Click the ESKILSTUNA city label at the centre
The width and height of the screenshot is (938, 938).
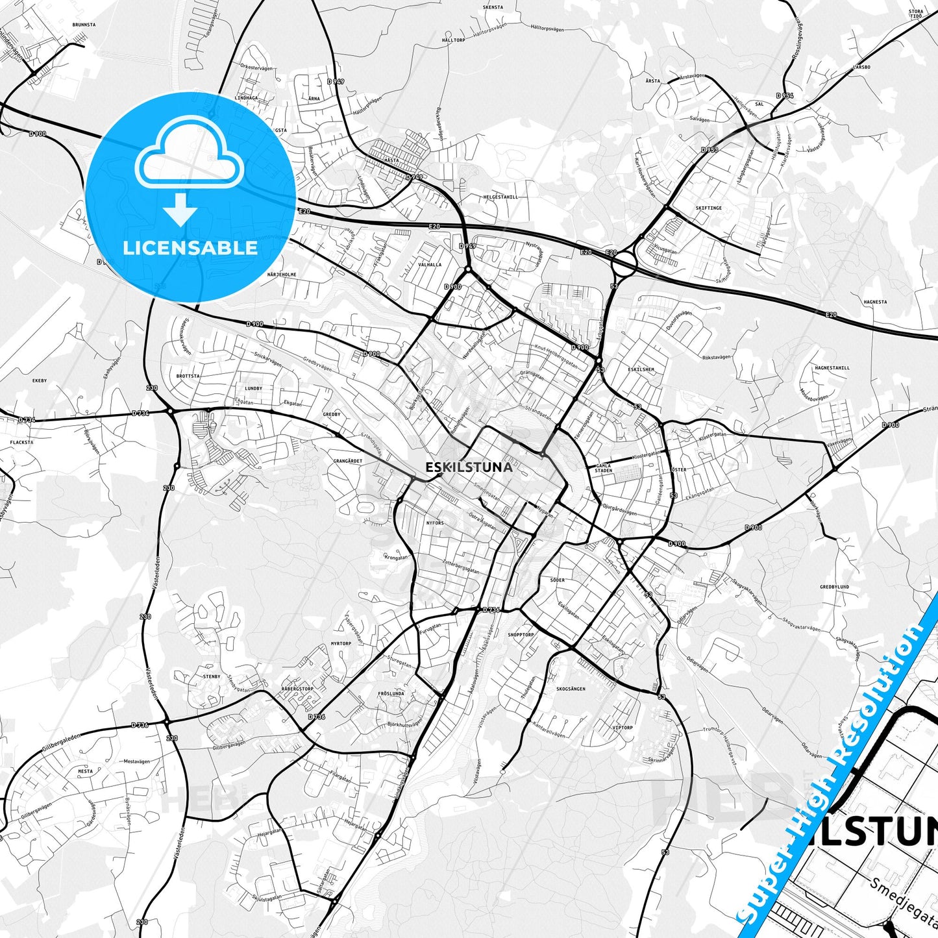469,467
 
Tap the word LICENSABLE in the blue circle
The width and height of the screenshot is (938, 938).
190,248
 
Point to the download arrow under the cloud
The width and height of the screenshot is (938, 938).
180,211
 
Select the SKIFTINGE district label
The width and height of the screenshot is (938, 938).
708,208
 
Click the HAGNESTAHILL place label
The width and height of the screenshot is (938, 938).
832,368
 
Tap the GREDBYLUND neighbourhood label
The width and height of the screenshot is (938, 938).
834,587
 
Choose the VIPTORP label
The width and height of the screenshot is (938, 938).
622,728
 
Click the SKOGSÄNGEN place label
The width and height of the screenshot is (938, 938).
571,689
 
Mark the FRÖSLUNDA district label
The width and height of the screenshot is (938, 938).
391,693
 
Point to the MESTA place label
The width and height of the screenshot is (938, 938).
85,771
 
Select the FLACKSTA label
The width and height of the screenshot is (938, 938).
21,442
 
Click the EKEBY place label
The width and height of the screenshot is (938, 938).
40,380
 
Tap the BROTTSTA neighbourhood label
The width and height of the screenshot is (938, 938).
188,376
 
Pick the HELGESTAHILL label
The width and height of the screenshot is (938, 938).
500,197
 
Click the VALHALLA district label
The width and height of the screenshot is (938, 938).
430,265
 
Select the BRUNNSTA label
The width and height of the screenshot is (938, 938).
84,25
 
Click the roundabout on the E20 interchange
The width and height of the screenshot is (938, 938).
624,264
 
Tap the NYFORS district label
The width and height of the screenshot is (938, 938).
434,523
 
